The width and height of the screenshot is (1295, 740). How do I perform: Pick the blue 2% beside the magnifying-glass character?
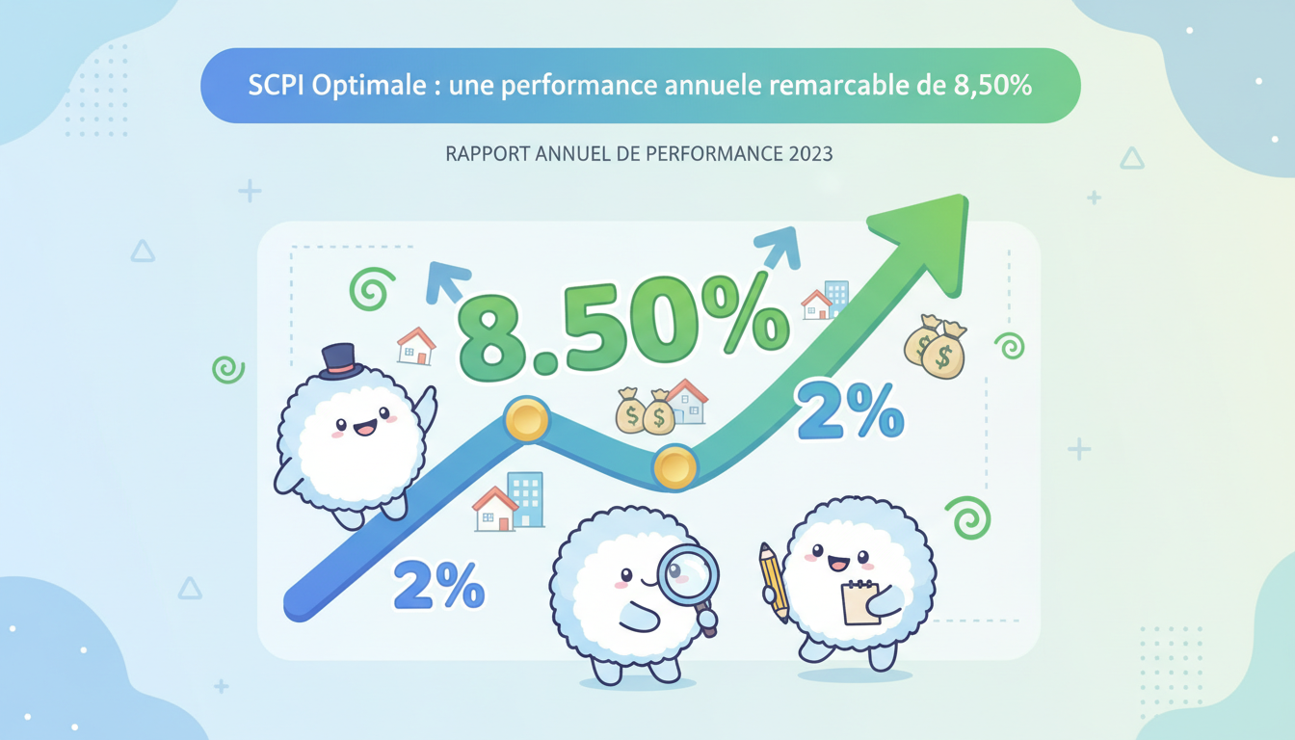pos(438,583)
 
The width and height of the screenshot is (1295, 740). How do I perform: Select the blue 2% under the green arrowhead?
pos(850,410)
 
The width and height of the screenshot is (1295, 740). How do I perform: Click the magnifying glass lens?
pos(688,575)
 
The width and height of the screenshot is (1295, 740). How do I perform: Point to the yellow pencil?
pos(774,581)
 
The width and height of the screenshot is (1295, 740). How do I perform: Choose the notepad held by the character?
pos(859,602)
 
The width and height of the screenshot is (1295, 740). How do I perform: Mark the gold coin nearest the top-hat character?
pos(526,420)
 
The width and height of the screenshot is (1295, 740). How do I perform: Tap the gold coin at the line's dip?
pos(674,468)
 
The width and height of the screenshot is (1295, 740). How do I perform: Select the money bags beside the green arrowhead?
pos(935,347)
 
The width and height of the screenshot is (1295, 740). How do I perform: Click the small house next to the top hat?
pos(416,346)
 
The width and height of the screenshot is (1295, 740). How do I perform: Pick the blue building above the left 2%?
pos(526,499)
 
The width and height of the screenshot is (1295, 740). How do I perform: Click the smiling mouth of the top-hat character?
pos(364,428)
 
